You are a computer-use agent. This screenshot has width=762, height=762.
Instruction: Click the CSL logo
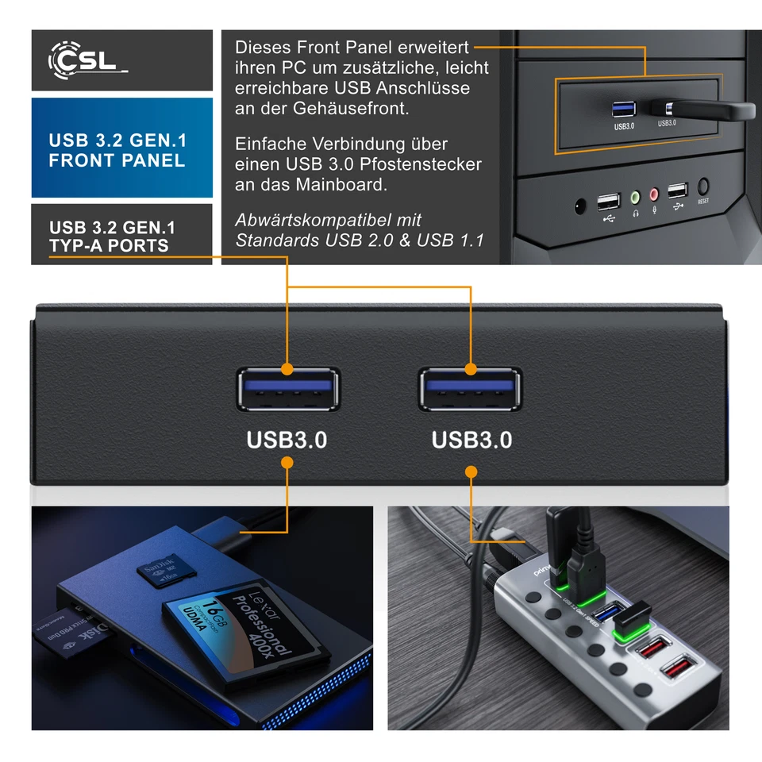pos(87,61)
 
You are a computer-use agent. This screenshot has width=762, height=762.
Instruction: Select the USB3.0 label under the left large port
pos(287,440)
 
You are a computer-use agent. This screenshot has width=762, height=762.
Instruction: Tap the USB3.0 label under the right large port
pos(471,440)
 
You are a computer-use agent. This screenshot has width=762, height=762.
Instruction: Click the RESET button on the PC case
pos(703,188)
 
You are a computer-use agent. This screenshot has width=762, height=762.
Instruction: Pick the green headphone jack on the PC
pos(635,195)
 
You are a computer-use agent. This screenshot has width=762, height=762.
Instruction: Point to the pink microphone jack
pos(654,194)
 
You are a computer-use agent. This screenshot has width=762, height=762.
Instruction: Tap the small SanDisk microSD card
pos(159,573)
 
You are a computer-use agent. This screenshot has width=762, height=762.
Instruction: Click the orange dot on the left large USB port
pos(287,369)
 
